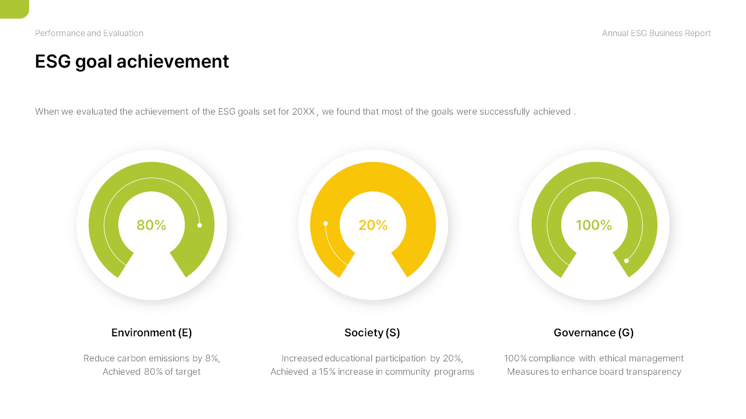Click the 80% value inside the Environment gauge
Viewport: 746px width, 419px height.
[152, 225]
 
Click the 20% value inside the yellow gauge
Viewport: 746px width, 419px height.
[373, 225]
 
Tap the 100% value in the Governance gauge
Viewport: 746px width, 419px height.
[594, 225]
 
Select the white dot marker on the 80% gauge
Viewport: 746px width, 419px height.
[199, 225]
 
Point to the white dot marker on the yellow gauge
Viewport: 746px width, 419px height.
[326, 223]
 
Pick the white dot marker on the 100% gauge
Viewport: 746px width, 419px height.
[627, 261]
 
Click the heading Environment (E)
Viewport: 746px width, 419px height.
[152, 333]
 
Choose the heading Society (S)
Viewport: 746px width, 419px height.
[372, 333]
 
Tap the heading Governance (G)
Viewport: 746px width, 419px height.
[593, 333]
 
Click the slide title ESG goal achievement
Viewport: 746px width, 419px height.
[132, 62]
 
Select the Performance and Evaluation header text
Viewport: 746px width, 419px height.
[89, 33]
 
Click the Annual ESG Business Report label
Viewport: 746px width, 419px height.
[656, 33]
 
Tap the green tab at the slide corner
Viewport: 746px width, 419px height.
[13, 8]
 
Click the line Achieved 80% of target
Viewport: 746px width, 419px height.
[152, 372]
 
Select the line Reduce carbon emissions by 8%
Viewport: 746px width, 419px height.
[152, 358]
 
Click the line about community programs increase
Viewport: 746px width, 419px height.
[372, 372]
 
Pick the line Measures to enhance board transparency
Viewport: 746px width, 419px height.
[594, 372]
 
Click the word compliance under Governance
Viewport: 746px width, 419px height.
[552, 358]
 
